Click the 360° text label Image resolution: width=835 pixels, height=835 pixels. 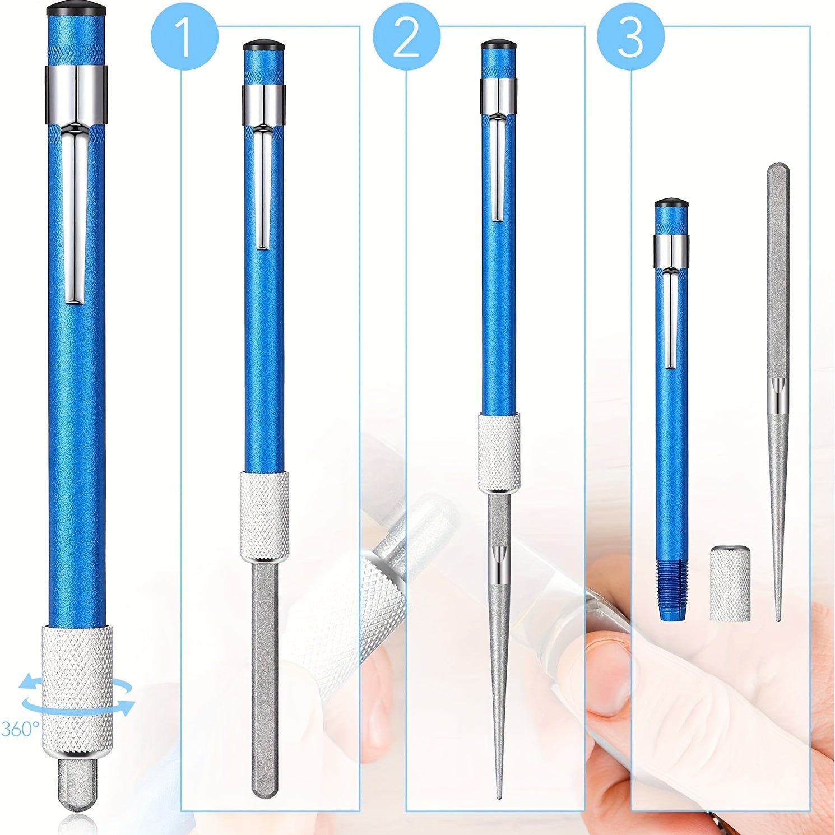click(20, 729)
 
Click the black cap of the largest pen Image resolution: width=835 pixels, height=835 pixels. click(76, 9)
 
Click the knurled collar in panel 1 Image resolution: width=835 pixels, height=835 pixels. click(265, 516)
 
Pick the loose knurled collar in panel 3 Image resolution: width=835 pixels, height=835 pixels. click(730, 583)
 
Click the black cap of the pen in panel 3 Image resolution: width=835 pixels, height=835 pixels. click(671, 202)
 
